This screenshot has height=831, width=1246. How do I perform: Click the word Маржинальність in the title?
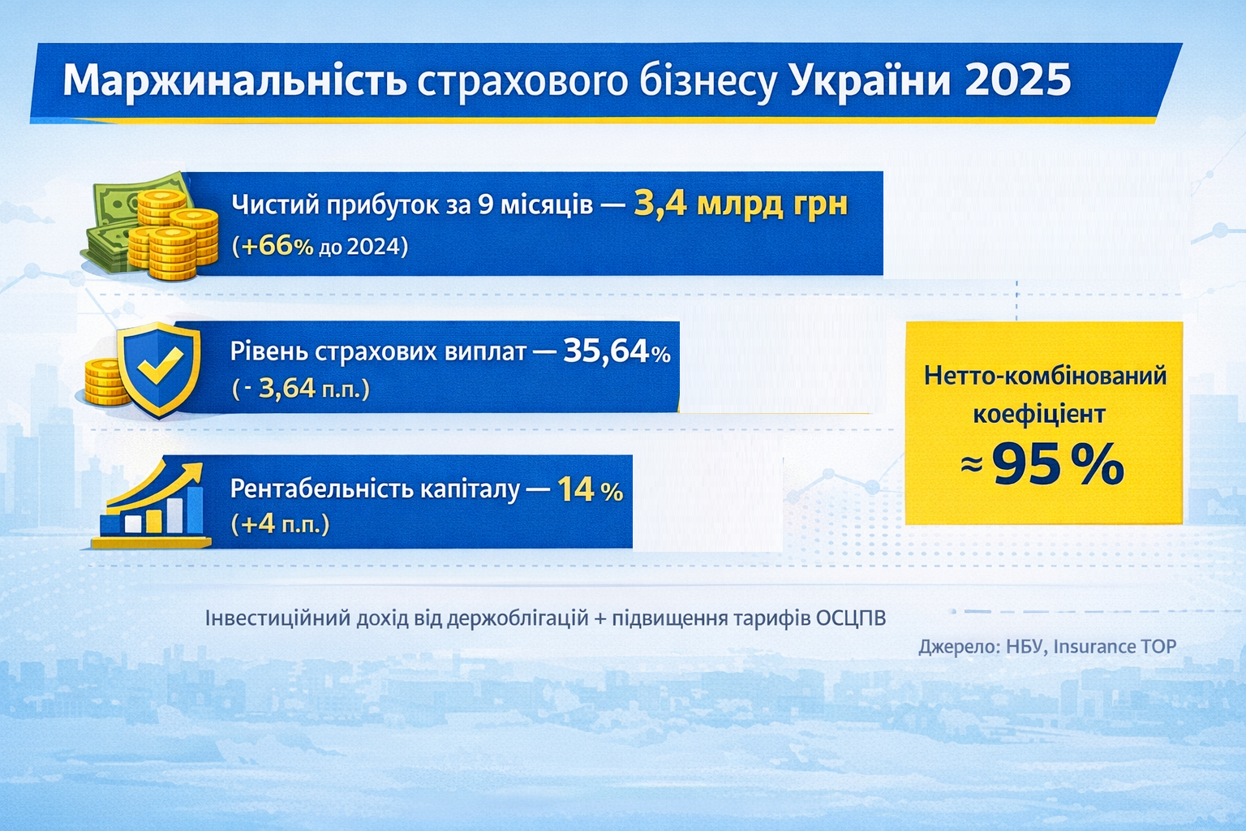coord(234,80)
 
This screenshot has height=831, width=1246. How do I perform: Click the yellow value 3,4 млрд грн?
coord(741,203)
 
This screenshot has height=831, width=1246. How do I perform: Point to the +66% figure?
coord(273,246)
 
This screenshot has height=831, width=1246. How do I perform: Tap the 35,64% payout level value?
coord(617,351)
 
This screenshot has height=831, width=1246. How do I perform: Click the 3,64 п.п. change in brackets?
coord(313,389)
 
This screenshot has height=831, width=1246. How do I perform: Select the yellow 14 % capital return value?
coord(590,489)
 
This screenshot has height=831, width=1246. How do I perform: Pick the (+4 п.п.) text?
coord(281,523)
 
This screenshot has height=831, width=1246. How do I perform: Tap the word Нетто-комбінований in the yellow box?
coord(1045,375)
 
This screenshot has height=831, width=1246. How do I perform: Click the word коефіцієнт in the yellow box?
coord(1039,414)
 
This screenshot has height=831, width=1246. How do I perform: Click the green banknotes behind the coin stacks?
coord(114,203)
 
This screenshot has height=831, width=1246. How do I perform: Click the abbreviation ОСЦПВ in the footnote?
coord(851,618)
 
